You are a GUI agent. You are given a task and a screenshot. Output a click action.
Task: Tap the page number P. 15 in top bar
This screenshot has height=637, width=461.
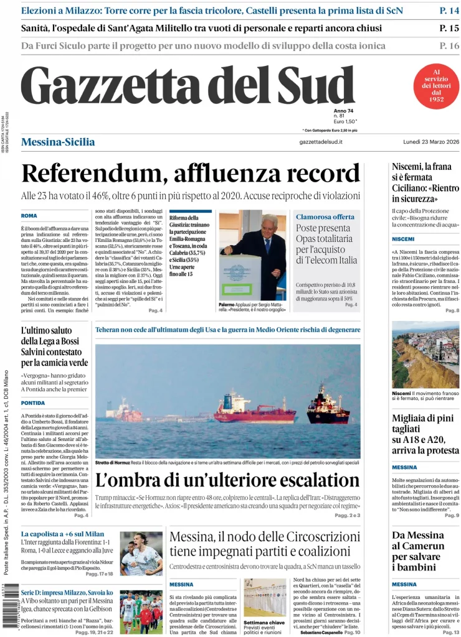click(449, 28)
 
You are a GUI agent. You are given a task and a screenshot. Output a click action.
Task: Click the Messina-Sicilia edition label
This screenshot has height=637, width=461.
click(58, 142)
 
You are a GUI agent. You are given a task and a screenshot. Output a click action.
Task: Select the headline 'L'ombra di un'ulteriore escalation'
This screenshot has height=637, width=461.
click(227, 480)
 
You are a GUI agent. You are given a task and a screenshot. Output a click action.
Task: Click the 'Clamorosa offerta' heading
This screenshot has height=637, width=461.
click(325, 216)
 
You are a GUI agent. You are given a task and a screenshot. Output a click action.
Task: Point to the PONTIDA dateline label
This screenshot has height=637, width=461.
click(34, 402)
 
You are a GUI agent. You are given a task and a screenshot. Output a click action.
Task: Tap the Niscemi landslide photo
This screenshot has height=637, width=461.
click(425, 355)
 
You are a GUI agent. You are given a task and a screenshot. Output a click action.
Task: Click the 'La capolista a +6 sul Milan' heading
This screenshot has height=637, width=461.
click(62, 534)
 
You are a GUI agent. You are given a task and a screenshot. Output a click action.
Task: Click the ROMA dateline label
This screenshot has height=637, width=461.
click(29, 216)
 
